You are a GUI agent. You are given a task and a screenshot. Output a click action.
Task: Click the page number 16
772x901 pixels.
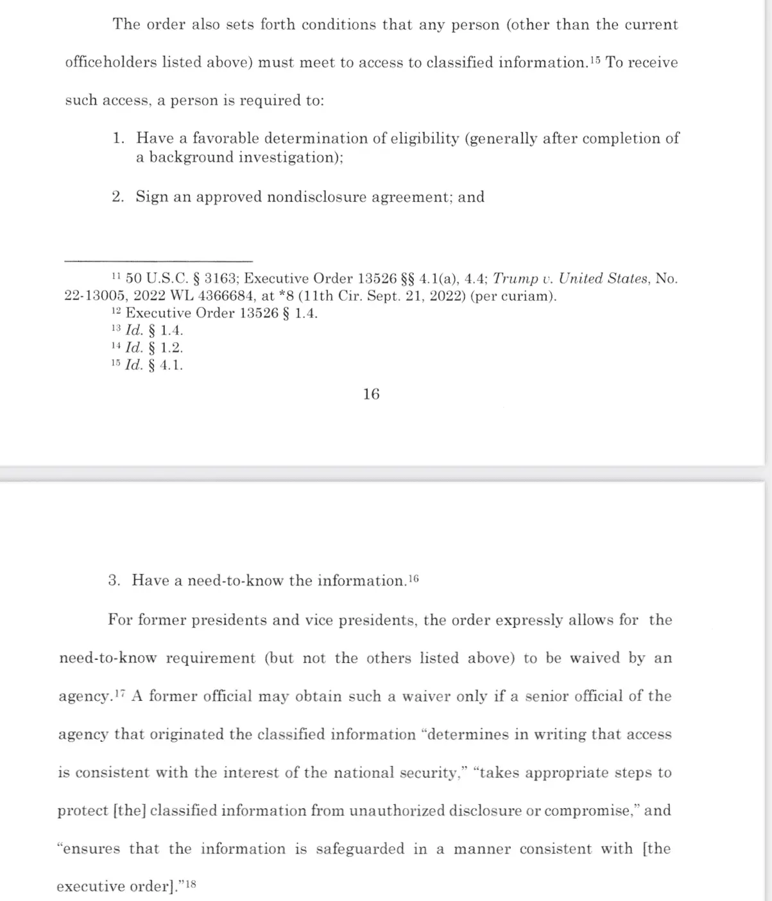pyautogui.click(x=371, y=394)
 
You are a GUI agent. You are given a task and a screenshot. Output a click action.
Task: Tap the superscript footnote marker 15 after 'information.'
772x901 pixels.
pyautogui.click(x=595, y=60)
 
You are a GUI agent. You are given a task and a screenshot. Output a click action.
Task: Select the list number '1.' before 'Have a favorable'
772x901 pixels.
pyautogui.click(x=118, y=139)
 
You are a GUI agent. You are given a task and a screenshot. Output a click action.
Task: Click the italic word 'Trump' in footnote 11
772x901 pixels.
pyautogui.click(x=515, y=279)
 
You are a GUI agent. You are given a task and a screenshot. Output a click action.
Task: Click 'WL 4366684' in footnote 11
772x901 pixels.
pyautogui.click(x=217, y=296)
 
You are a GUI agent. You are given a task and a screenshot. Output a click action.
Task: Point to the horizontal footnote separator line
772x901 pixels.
pyautogui.click(x=159, y=260)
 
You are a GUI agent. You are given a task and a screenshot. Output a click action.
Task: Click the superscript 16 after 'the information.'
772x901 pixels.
pyautogui.click(x=413, y=578)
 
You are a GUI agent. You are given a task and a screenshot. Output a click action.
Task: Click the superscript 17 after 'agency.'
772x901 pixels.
pyautogui.click(x=121, y=694)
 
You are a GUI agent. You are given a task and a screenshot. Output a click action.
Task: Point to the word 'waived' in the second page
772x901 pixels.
pyautogui.click(x=595, y=659)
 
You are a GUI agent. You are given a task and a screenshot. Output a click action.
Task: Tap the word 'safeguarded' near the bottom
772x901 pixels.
pyautogui.click(x=360, y=849)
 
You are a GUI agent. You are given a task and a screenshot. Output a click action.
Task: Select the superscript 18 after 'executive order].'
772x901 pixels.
pyautogui.click(x=189, y=884)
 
